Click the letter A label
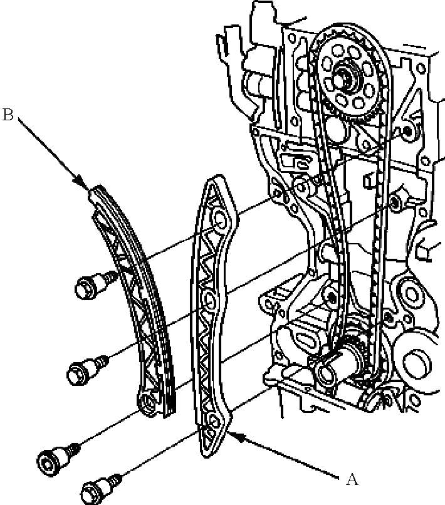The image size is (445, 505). pyautogui.click(x=352, y=479)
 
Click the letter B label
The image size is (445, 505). pyautogui.click(x=8, y=115)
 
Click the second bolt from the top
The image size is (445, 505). pyautogui.click(x=88, y=370)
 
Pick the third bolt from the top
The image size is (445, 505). pyautogui.click(x=58, y=457)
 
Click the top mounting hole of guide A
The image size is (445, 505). pyautogui.click(x=219, y=221)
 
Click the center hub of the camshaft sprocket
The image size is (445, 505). pyautogui.click(x=343, y=78)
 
